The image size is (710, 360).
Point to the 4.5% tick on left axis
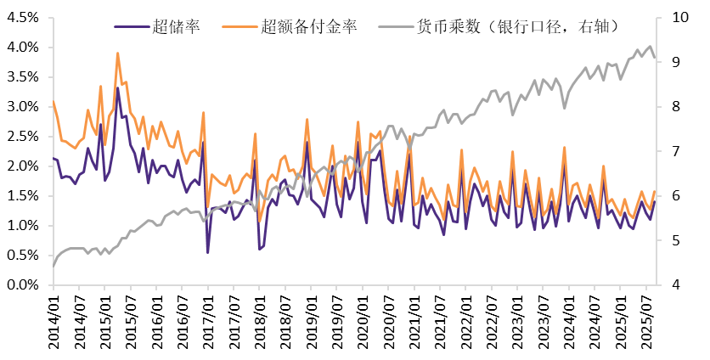point(22,17)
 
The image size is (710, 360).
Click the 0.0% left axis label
point(22,285)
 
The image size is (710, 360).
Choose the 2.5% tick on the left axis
point(22,136)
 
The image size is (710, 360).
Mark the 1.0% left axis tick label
point(22,226)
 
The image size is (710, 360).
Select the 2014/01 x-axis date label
point(53,318)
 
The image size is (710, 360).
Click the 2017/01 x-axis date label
point(208,318)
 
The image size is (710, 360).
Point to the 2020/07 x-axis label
point(389,318)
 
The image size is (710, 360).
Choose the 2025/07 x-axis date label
point(648,318)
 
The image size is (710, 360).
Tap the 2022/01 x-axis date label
point(467,318)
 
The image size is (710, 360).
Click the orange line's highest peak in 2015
point(117,53)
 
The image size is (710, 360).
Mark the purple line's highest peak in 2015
point(117,87)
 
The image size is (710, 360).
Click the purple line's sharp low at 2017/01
point(208,252)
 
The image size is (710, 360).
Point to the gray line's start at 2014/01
point(54,267)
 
